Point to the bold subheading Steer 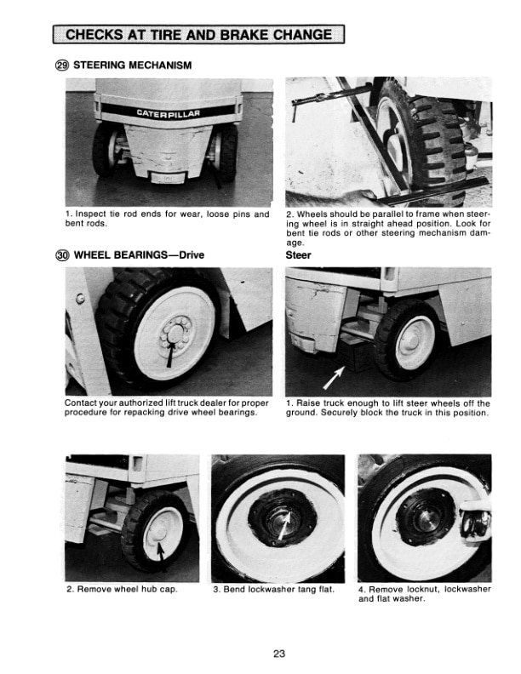point(299,254)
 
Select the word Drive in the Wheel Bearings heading point(187,254)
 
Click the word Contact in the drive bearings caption point(83,403)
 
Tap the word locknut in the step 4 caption point(427,589)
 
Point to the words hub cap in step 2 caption point(158,589)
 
